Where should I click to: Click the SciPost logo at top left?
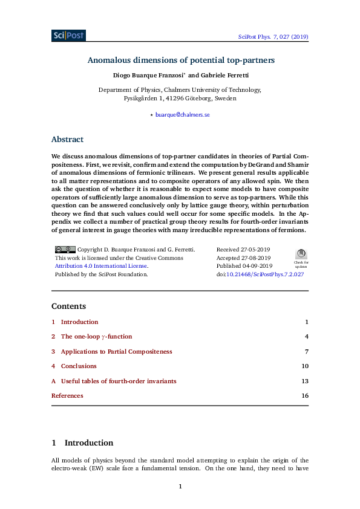point(68,36)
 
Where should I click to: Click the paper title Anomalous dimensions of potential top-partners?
point(180,60)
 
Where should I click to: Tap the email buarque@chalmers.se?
point(182,114)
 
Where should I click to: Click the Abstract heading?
point(67,140)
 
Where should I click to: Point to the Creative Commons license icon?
point(65,249)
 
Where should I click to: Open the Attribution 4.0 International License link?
point(101,266)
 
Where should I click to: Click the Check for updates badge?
point(301,256)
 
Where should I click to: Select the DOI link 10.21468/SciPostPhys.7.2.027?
point(264,274)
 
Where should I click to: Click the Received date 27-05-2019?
point(244,249)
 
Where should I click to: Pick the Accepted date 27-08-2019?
point(244,258)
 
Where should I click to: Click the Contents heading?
point(68,306)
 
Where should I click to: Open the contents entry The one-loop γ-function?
point(96,337)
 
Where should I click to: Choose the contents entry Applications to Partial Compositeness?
point(116,351)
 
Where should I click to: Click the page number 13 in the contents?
point(305,381)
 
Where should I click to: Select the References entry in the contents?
point(67,396)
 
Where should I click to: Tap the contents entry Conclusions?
point(79,366)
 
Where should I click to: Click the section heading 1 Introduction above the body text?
point(82,443)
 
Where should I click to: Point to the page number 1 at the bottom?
point(180,486)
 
